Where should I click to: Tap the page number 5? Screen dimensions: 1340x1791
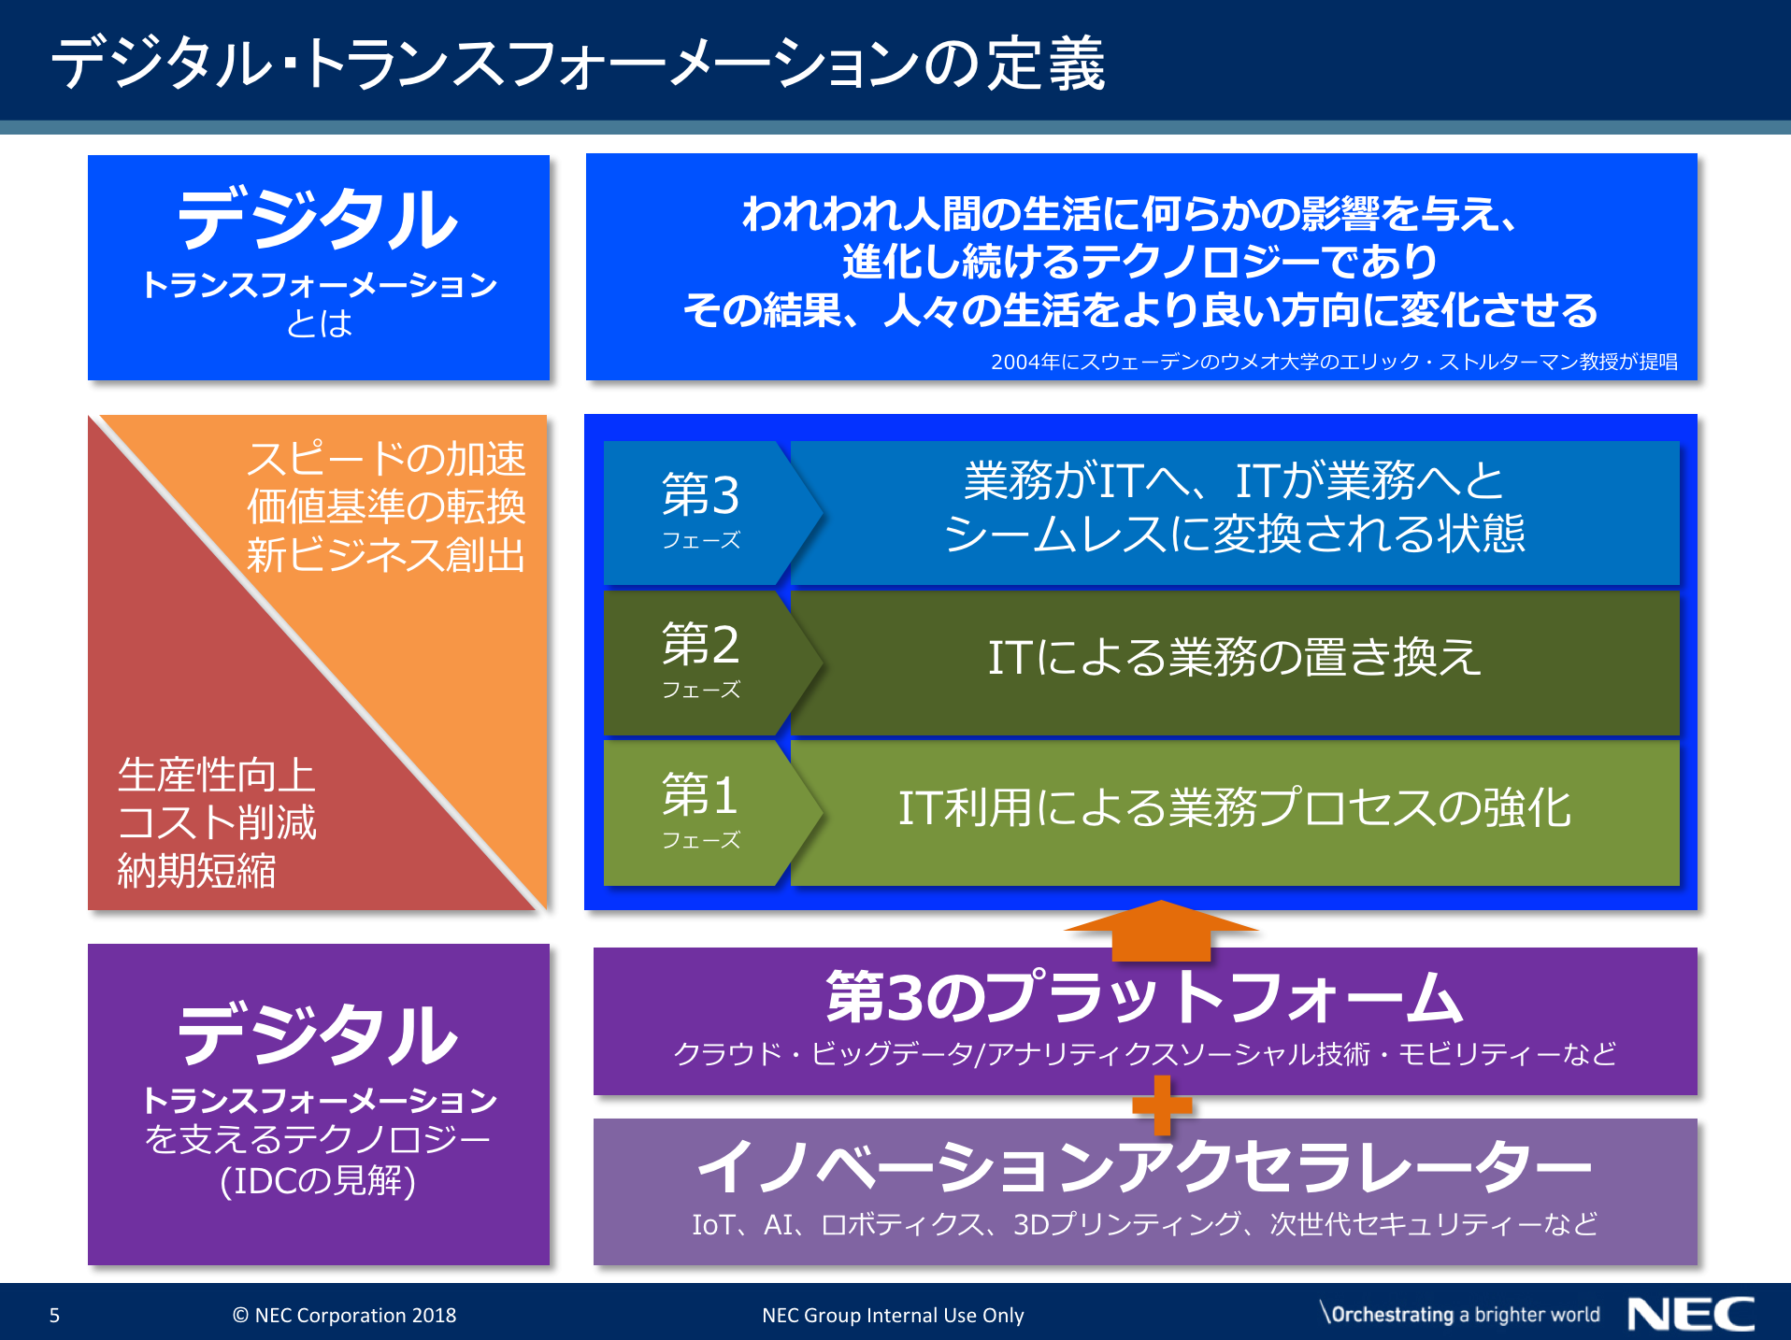(x=54, y=1316)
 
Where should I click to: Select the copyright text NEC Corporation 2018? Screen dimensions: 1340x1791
(x=344, y=1316)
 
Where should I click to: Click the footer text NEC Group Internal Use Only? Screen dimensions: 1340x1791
(x=893, y=1316)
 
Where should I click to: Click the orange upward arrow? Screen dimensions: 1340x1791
(x=1161, y=930)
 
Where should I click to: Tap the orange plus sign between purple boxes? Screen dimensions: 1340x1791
(x=1162, y=1105)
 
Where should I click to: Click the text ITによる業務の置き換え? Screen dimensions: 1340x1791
(x=1234, y=657)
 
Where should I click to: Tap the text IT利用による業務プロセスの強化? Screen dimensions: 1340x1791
(x=1234, y=808)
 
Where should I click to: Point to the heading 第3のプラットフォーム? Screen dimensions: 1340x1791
(x=1144, y=997)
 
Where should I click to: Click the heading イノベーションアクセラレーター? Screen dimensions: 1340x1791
(x=1144, y=1167)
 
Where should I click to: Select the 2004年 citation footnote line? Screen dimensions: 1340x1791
(x=1334, y=362)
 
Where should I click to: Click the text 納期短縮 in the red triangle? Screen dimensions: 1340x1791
(x=196, y=871)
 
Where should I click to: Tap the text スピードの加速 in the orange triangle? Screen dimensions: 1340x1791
(x=386, y=459)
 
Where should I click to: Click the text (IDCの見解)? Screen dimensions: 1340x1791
(x=318, y=1181)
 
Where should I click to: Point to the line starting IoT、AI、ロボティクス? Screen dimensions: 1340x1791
(x=1144, y=1224)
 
